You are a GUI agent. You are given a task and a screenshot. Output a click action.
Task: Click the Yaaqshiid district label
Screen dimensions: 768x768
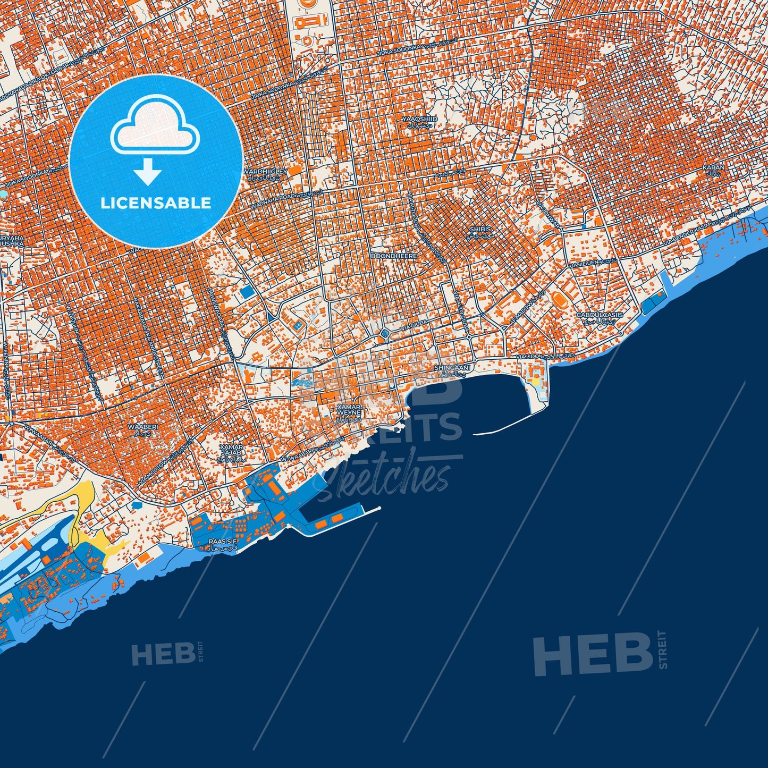(x=420, y=119)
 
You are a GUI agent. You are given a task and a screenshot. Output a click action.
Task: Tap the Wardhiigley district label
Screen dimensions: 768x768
(x=265, y=172)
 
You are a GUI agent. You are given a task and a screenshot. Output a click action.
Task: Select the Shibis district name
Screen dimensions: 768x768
(x=480, y=229)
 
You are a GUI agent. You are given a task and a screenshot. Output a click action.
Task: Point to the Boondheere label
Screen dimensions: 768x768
(x=394, y=256)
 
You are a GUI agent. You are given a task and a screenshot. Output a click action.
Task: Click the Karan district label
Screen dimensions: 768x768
(x=713, y=167)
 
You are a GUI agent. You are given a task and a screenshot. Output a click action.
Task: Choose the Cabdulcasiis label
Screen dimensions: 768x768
(x=600, y=315)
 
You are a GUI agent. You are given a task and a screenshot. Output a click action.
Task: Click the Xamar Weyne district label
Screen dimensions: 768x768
(x=349, y=410)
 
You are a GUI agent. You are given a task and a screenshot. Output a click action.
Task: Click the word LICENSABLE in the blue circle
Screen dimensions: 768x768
(x=156, y=202)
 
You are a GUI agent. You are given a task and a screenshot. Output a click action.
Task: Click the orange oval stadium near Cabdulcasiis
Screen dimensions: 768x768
(x=560, y=300)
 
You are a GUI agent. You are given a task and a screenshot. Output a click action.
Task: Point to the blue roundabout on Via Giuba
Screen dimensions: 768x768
(x=384, y=334)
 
